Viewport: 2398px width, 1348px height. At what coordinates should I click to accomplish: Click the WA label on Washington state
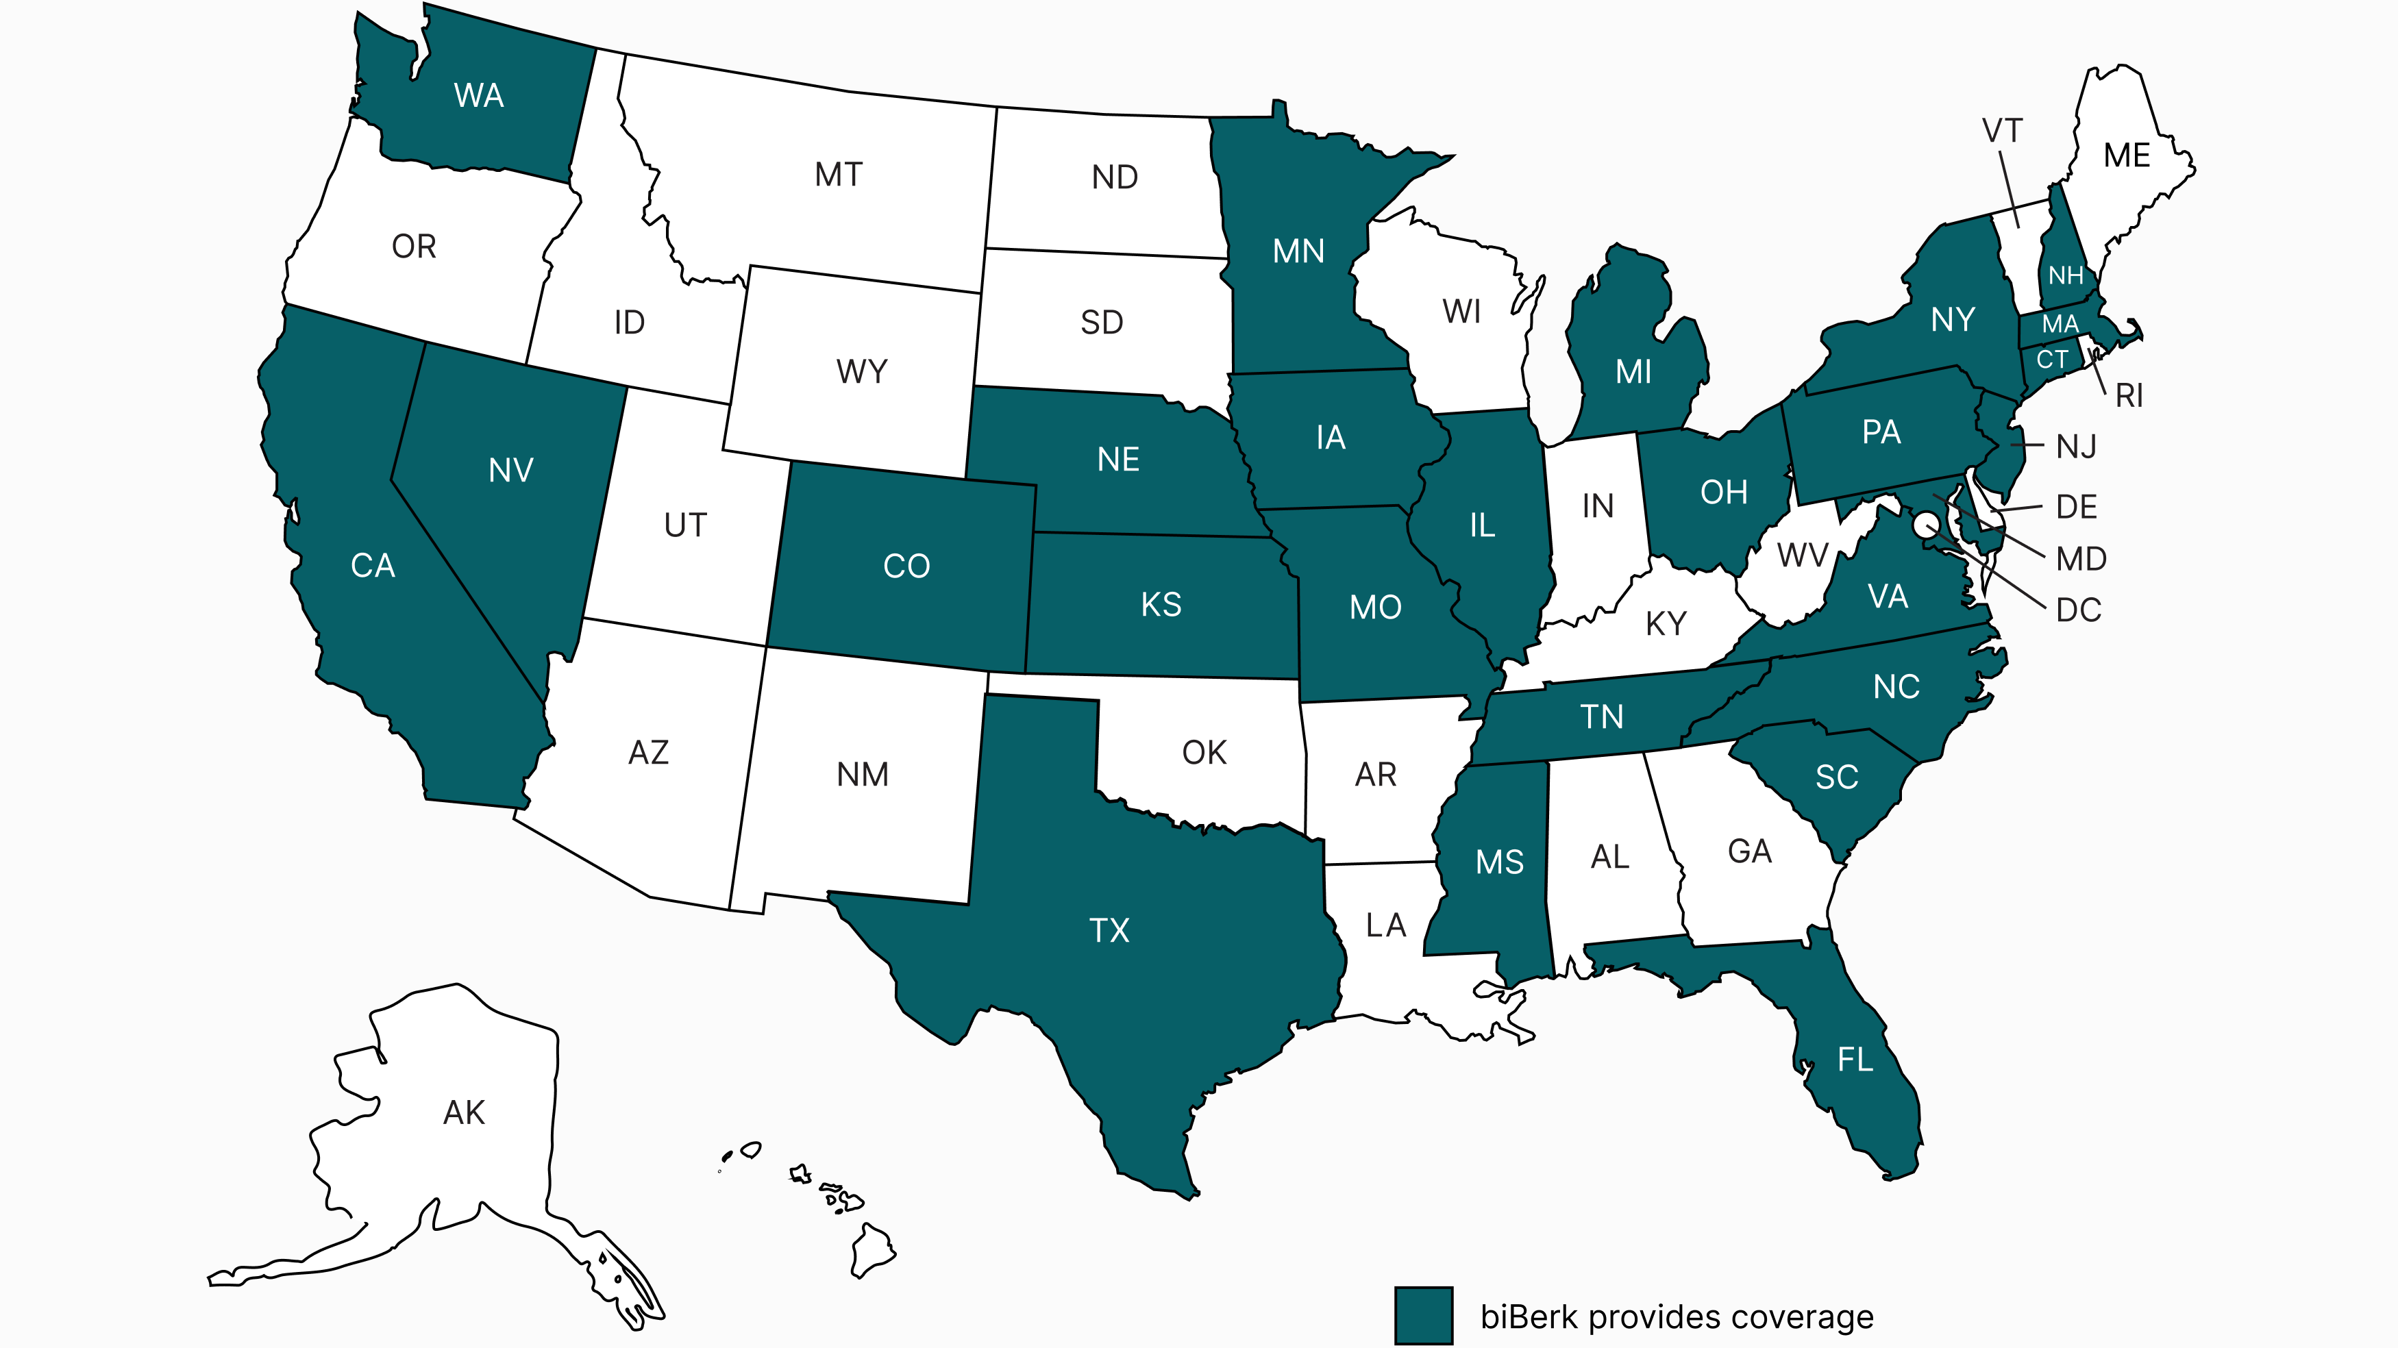(478, 96)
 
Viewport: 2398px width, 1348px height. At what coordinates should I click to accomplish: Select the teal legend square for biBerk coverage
(1423, 1315)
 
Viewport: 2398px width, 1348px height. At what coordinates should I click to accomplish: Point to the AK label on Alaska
(464, 1112)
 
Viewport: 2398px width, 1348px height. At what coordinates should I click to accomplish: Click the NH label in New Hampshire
(2066, 275)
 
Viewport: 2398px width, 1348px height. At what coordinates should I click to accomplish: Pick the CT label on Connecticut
(2052, 360)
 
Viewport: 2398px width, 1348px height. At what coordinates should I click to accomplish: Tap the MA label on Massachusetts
(2060, 324)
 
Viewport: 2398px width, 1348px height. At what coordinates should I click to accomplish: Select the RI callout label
(2129, 396)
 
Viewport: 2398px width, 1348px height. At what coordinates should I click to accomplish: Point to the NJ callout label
(2076, 447)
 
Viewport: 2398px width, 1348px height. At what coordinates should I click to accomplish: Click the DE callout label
(2076, 508)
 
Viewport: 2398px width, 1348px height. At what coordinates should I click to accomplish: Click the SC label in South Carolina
(1835, 777)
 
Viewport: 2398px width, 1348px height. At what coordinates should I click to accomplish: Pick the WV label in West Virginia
(1801, 556)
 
